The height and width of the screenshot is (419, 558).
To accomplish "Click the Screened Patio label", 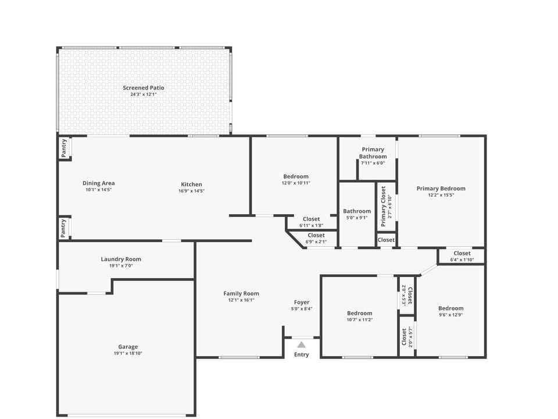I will coord(143,88).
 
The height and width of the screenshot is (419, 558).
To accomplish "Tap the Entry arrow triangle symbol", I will coord(302,345).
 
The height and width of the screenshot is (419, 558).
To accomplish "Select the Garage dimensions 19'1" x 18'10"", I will coord(128,353).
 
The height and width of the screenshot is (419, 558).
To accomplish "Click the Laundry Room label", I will coord(121,260).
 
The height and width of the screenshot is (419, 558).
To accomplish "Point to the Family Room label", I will coord(241,293).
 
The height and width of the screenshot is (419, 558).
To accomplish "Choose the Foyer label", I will coord(302,302).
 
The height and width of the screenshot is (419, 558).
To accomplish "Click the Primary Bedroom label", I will coord(441,189).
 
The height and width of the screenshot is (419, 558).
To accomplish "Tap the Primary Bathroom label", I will coord(373,153).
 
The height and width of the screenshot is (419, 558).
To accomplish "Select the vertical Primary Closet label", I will coord(384,206).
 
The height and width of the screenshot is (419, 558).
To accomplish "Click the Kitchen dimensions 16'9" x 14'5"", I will coord(191,191).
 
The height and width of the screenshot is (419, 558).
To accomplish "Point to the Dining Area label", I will coord(98,183).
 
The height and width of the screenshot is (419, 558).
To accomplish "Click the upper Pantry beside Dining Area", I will coord(64,148).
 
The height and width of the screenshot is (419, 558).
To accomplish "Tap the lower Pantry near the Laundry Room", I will coord(64,228).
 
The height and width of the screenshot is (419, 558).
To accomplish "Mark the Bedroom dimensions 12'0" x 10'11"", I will coord(296,183).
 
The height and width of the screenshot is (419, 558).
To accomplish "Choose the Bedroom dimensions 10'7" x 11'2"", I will coord(359,319).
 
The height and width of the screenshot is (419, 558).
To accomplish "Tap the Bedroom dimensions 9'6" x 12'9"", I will coord(451,315).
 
